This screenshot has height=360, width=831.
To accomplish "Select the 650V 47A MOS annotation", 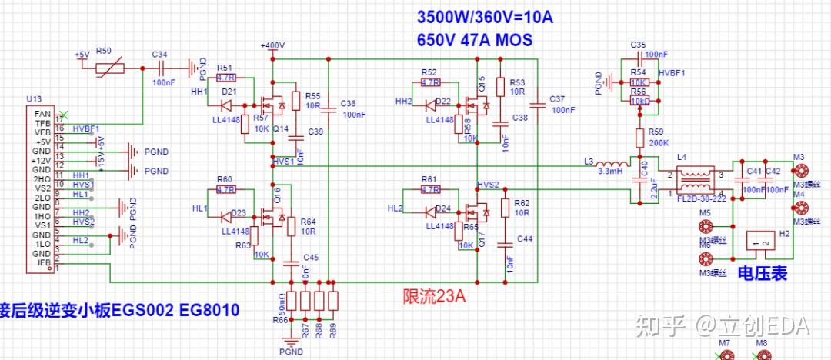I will pos(474,40).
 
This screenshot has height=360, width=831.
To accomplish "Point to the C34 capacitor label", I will pos(159,55).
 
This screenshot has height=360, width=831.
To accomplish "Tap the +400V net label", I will pos(272,45).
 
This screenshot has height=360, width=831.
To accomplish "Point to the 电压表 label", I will pos(762,273).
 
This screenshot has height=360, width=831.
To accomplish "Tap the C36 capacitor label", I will pos(349,103).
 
